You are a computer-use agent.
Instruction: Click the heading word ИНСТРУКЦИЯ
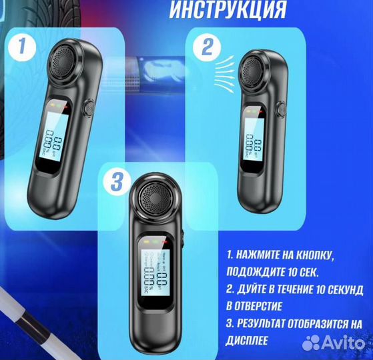click(x=229, y=10)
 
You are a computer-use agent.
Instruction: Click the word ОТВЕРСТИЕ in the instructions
click(x=262, y=306)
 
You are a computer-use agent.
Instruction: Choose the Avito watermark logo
click(x=334, y=343)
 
